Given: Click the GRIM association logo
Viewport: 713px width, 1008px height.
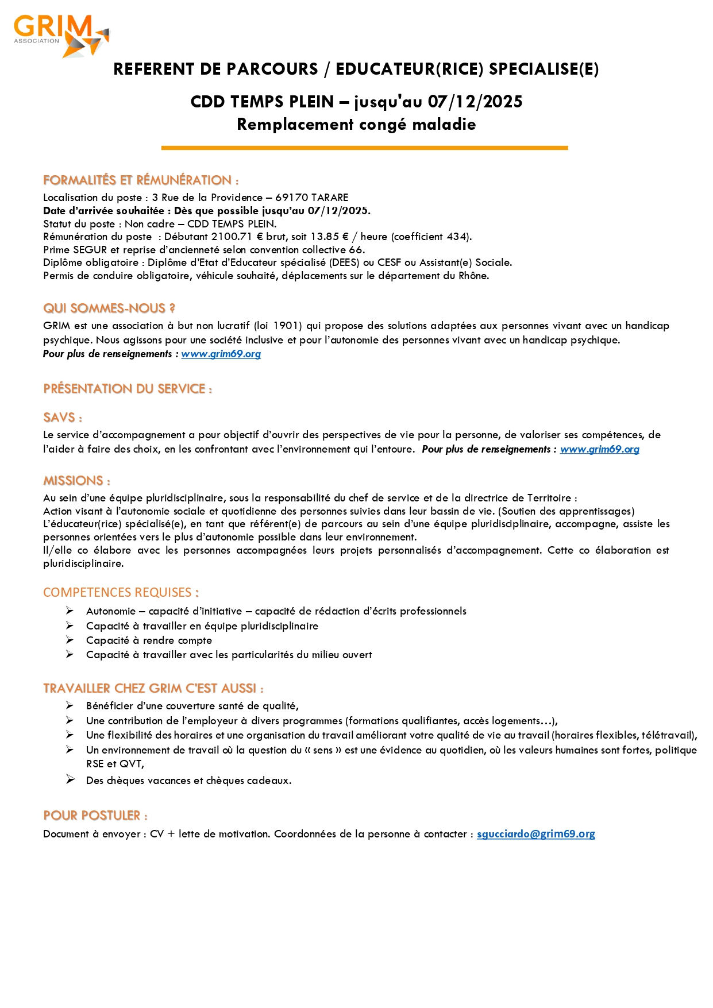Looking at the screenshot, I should tap(60, 36).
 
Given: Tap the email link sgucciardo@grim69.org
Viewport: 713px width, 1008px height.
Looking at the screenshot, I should tap(535, 833).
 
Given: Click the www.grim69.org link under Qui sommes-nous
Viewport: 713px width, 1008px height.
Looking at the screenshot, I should tap(221, 354).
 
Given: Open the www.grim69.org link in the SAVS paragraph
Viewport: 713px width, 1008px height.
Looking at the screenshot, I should tap(599, 449).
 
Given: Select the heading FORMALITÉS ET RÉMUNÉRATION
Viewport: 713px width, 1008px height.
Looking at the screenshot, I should tap(141, 180).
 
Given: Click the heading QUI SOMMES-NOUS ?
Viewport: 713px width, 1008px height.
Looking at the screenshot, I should tap(109, 308).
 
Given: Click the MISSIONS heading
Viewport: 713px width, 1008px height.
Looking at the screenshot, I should tap(76, 481).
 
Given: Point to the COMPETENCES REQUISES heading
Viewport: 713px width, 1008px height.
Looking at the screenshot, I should tap(121, 592).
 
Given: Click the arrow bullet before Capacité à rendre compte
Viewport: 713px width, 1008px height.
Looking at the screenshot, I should tap(70, 640).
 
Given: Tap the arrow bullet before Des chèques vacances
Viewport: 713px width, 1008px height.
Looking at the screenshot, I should tap(70, 779).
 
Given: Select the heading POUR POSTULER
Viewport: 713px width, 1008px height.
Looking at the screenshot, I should tap(95, 816).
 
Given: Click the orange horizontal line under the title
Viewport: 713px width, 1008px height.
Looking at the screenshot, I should tap(364, 148).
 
